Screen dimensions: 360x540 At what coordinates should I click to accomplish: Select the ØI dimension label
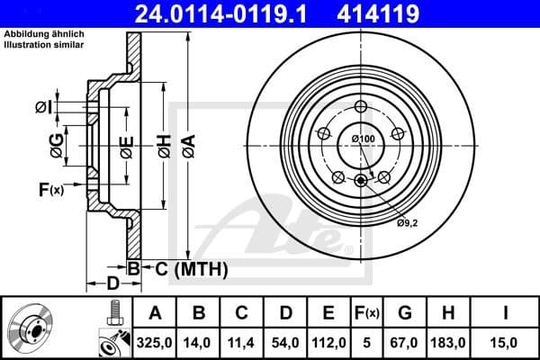[42, 108]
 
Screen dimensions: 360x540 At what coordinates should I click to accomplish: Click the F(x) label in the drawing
[50, 189]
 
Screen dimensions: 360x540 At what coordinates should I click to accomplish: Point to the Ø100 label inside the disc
[363, 139]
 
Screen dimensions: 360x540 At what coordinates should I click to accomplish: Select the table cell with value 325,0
[155, 341]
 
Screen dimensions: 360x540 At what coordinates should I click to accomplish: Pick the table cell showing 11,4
[240, 341]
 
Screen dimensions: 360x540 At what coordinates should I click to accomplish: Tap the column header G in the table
[404, 313]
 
